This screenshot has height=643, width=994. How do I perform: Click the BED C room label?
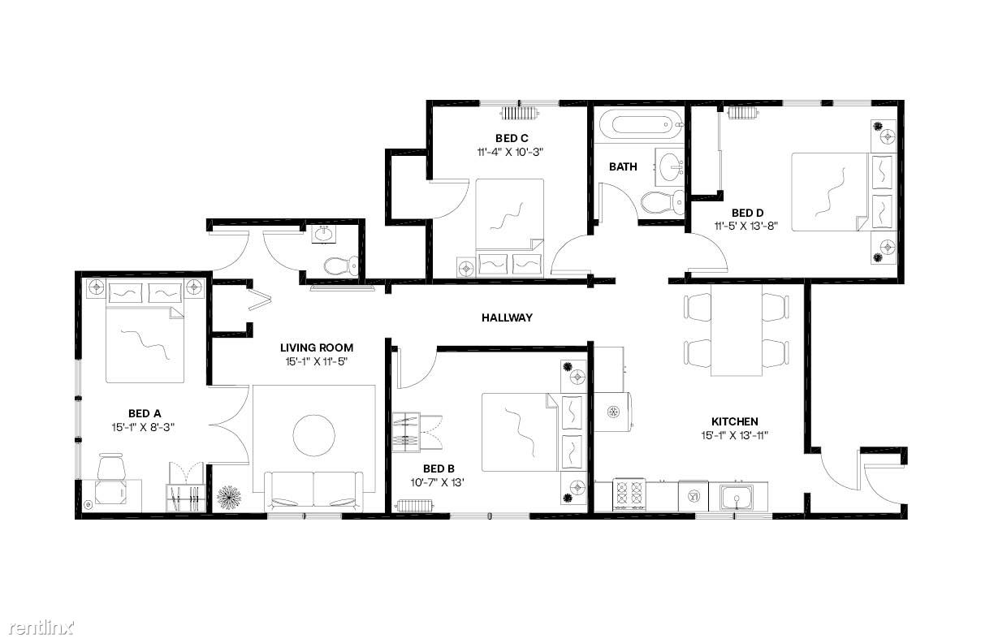click(x=512, y=139)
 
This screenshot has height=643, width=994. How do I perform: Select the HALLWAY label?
click(x=507, y=317)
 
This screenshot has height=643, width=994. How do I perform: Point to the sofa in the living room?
click(x=313, y=492)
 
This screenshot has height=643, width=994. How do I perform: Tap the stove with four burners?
click(x=629, y=494)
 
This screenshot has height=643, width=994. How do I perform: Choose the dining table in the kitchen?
click(x=737, y=330)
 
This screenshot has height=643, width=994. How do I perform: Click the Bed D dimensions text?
click(x=746, y=227)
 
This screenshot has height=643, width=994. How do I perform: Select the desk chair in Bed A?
click(x=110, y=467)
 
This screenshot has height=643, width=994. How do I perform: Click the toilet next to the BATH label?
click(x=663, y=203)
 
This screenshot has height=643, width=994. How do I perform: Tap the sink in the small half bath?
click(x=324, y=235)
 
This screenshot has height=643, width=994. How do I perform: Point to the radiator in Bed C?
click(x=520, y=114)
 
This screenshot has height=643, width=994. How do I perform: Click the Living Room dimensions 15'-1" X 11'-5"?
click(x=316, y=361)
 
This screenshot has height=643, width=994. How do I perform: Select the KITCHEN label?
click(x=734, y=421)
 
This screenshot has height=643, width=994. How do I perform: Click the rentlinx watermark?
click(x=41, y=628)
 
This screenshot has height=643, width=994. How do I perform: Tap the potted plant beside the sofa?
click(x=229, y=498)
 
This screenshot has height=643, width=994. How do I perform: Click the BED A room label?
click(x=145, y=413)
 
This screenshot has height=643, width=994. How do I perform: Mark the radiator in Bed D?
click(x=743, y=113)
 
